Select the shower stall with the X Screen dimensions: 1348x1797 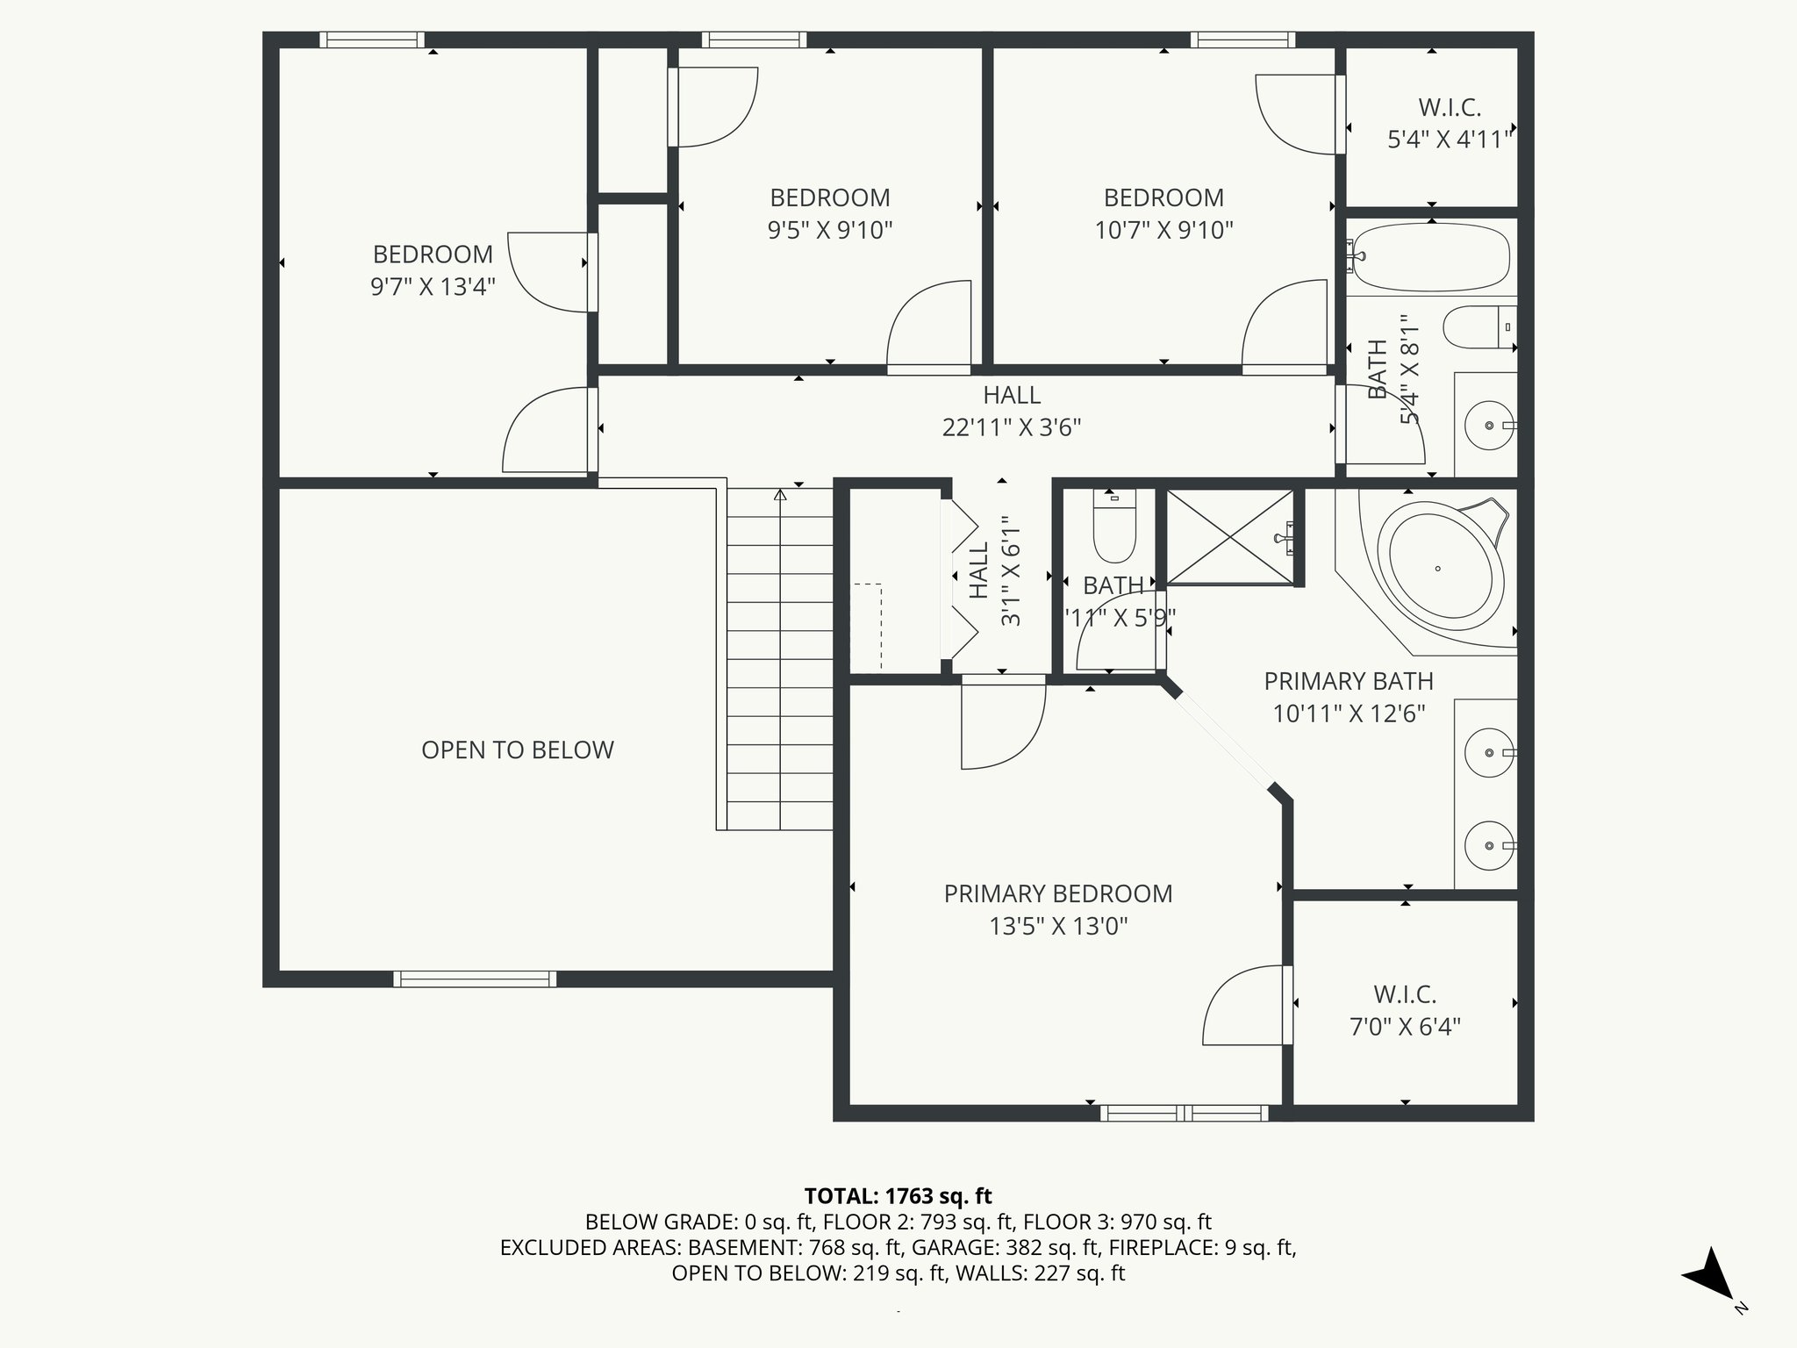pos(1229,536)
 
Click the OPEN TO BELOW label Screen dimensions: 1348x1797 pos(517,750)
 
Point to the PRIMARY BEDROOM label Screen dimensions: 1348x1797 pos(1057,893)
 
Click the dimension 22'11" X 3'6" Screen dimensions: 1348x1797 pos(1011,427)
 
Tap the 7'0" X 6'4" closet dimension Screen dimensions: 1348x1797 pos(1404,1027)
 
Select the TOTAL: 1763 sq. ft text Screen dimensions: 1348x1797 pos(898,1195)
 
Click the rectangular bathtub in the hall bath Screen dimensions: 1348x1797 pos(1431,256)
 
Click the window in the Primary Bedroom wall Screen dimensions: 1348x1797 pos(1184,1113)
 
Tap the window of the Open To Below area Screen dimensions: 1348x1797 pos(474,979)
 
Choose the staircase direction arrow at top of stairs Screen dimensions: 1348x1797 pos(780,496)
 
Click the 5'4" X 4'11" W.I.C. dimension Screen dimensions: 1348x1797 pos(1450,140)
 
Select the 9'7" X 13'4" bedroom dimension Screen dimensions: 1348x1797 pos(433,287)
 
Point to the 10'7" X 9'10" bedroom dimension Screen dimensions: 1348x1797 pos(1163,230)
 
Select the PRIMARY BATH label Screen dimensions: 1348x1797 pos(1348,681)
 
